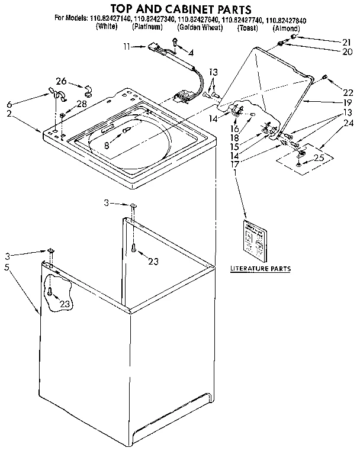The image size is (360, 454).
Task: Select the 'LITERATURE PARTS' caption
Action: point(260,268)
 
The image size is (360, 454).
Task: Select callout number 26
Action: point(61,81)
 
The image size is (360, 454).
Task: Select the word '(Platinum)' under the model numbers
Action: point(147,28)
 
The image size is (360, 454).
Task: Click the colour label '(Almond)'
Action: point(287,28)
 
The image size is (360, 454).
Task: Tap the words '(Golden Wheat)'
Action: point(199,28)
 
